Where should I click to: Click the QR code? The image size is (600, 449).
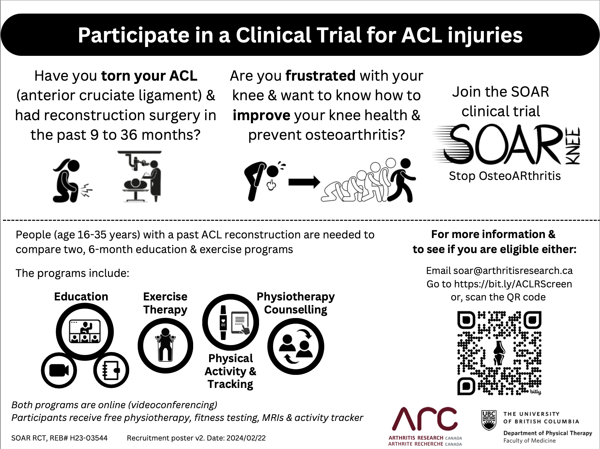pyautogui.click(x=499, y=353)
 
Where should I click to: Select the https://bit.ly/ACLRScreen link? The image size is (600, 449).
pyautogui.click(x=513, y=284)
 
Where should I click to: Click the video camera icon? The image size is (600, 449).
pyautogui.click(x=59, y=370)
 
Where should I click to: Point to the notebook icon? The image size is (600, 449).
pyautogui.click(x=111, y=370)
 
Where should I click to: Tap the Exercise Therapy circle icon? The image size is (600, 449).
pyautogui.click(x=165, y=345)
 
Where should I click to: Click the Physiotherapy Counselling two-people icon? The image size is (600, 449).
pyautogui.click(x=296, y=346)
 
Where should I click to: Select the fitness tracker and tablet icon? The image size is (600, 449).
pyautogui.click(x=231, y=322)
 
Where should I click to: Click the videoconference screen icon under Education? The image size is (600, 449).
pyautogui.click(x=85, y=331)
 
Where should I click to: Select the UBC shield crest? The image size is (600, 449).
pyautogui.click(x=489, y=420)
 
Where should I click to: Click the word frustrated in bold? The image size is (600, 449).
pyautogui.click(x=320, y=76)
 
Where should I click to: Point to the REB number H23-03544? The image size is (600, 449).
pyautogui.click(x=89, y=438)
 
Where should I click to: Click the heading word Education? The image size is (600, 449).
pyautogui.click(x=81, y=297)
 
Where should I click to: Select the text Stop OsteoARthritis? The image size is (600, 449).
pyautogui.click(x=505, y=176)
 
